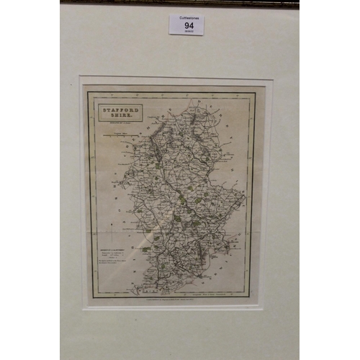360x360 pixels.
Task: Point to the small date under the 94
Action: coord(186,31)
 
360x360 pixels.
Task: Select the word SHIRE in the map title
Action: coord(118,116)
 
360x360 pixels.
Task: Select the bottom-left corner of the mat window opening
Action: coord(84,309)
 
